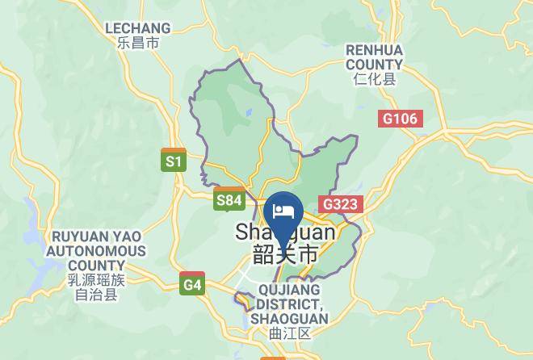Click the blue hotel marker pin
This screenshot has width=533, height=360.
[x=283, y=214]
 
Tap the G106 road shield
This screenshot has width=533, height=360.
[x=400, y=119]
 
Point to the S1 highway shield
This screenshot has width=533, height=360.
[x=174, y=161]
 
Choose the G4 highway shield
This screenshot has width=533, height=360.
[x=192, y=284]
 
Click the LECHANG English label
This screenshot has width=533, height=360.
[x=138, y=28]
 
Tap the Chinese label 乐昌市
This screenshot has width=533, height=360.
[x=138, y=44]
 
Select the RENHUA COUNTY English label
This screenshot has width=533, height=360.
[x=374, y=57]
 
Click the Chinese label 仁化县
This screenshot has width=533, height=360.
[x=374, y=79]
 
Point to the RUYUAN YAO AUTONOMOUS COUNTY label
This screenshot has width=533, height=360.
[x=96, y=251]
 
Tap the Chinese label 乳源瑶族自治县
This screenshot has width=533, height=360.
[x=96, y=287]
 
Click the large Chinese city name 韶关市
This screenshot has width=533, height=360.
[x=285, y=254]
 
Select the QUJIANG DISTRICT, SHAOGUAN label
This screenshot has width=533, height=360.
[x=289, y=304]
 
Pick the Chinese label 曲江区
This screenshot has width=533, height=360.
[x=289, y=333]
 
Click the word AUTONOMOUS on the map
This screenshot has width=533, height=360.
[x=96, y=251]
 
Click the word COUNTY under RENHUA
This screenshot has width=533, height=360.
[x=374, y=65]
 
